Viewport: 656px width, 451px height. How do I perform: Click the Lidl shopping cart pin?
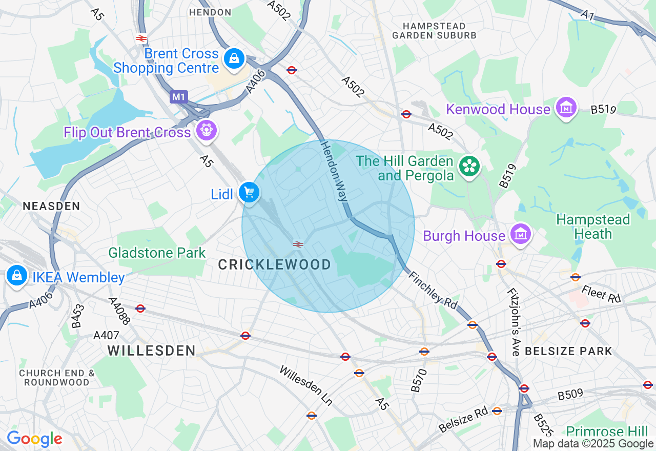249,193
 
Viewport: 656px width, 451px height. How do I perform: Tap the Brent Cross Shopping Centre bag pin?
234,58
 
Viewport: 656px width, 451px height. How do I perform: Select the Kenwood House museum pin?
566,108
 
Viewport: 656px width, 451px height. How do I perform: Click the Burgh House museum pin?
520,234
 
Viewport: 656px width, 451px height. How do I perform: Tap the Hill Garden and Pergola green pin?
469,166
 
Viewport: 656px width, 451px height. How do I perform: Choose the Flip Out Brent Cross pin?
207,130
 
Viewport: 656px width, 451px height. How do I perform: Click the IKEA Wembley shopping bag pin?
17,276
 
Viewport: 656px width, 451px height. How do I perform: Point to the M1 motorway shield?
179,97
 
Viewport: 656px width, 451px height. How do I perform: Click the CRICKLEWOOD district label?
275,264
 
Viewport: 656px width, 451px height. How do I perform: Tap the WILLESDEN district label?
152,351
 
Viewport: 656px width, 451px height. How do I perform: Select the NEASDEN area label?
51,206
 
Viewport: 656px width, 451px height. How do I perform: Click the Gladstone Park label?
157,253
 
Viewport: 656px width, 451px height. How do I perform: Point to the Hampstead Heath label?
593,227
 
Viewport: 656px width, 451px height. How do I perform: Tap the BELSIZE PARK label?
569,351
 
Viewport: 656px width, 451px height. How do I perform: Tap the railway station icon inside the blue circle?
298,244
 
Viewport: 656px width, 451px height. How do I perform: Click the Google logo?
34,439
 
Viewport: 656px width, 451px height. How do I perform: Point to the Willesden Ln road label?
305,384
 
